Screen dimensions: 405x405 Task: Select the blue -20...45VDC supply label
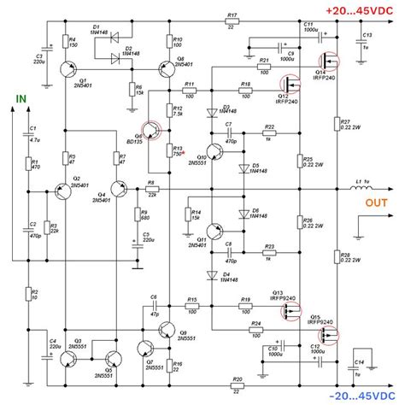(x=357, y=396)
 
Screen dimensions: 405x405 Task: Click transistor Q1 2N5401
(x=68, y=67)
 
